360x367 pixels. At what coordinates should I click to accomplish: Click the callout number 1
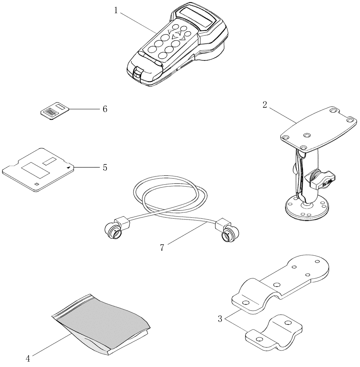pyautogui.click(x=116, y=10)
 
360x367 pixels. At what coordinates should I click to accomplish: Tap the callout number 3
pyautogui.click(x=220, y=319)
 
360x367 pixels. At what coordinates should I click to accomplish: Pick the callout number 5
pyautogui.click(x=105, y=167)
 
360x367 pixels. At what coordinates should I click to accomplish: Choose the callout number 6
pyautogui.click(x=105, y=109)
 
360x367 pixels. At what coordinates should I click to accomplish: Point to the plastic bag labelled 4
pyautogui.click(x=101, y=323)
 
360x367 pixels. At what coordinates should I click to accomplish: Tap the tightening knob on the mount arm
pyautogui.click(x=322, y=180)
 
